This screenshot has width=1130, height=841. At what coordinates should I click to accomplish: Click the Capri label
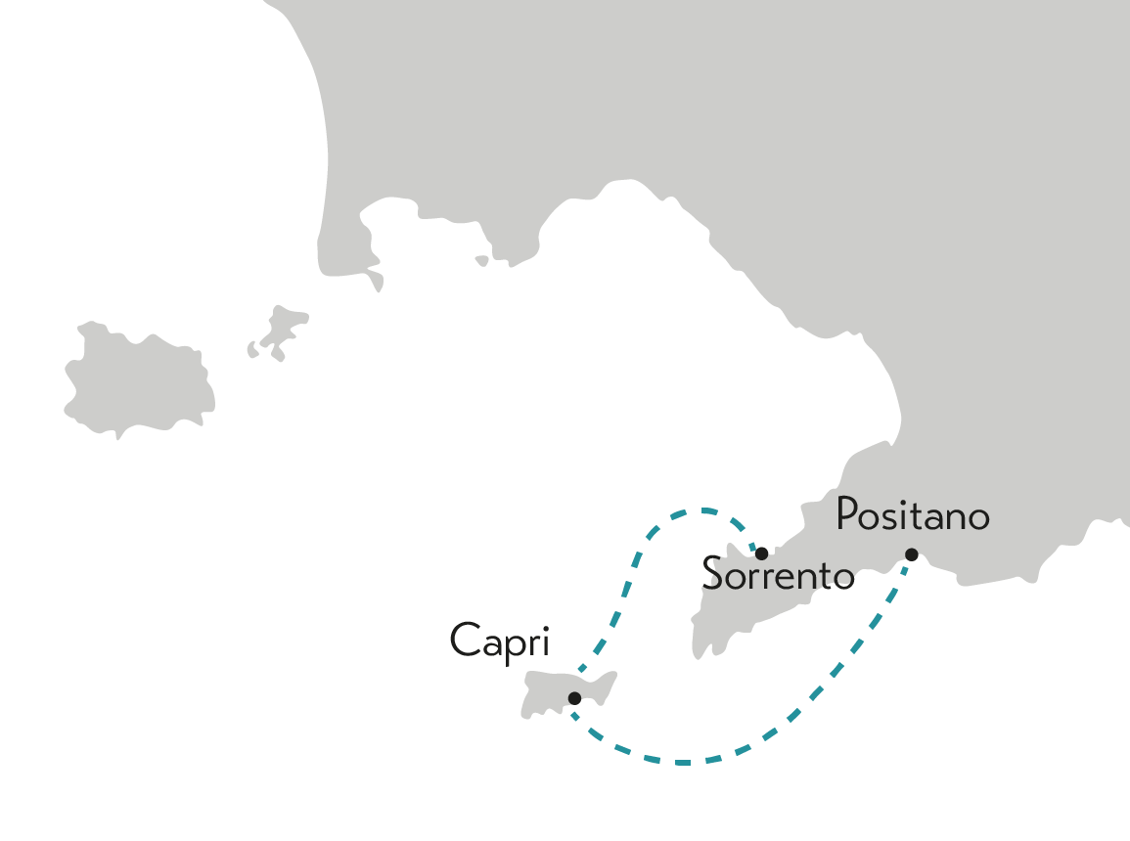tap(499, 642)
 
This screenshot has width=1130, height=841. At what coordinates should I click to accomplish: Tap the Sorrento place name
tap(779, 575)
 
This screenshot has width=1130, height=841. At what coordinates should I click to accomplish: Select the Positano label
tap(913, 514)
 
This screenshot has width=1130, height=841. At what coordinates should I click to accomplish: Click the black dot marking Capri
tap(574, 698)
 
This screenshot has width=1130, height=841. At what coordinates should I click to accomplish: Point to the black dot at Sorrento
tap(761, 553)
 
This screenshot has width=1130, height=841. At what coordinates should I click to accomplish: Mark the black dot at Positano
tap(911, 554)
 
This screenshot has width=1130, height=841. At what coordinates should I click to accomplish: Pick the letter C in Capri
tap(464, 642)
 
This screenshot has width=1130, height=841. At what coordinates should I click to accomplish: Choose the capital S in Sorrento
tap(713, 575)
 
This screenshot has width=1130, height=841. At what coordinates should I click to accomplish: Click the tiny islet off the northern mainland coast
tap(481, 260)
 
